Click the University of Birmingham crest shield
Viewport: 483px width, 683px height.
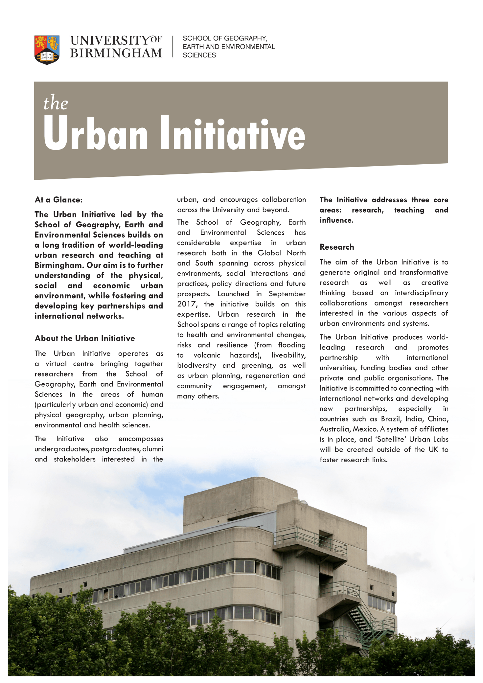click(x=47, y=50)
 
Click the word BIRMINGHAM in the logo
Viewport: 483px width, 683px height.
click(x=116, y=53)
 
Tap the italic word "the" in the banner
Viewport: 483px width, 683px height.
click(x=56, y=103)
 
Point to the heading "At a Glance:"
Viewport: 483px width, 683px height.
click(x=58, y=200)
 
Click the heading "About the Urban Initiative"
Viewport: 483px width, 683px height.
click(x=85, y=338)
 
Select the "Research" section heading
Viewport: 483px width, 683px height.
click(x=337, y=247)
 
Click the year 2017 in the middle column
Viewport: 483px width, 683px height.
click(x=187, y=304)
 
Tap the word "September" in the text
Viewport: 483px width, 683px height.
click(x=287, y=294)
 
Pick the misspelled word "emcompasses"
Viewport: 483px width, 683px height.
click(x=141, y=439)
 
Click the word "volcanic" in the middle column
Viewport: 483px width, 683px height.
click(x=207, y=355)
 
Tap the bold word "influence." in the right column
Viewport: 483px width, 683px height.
click(x=336, y=220)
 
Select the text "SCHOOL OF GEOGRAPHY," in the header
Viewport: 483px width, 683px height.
click(x=225, y=38)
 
